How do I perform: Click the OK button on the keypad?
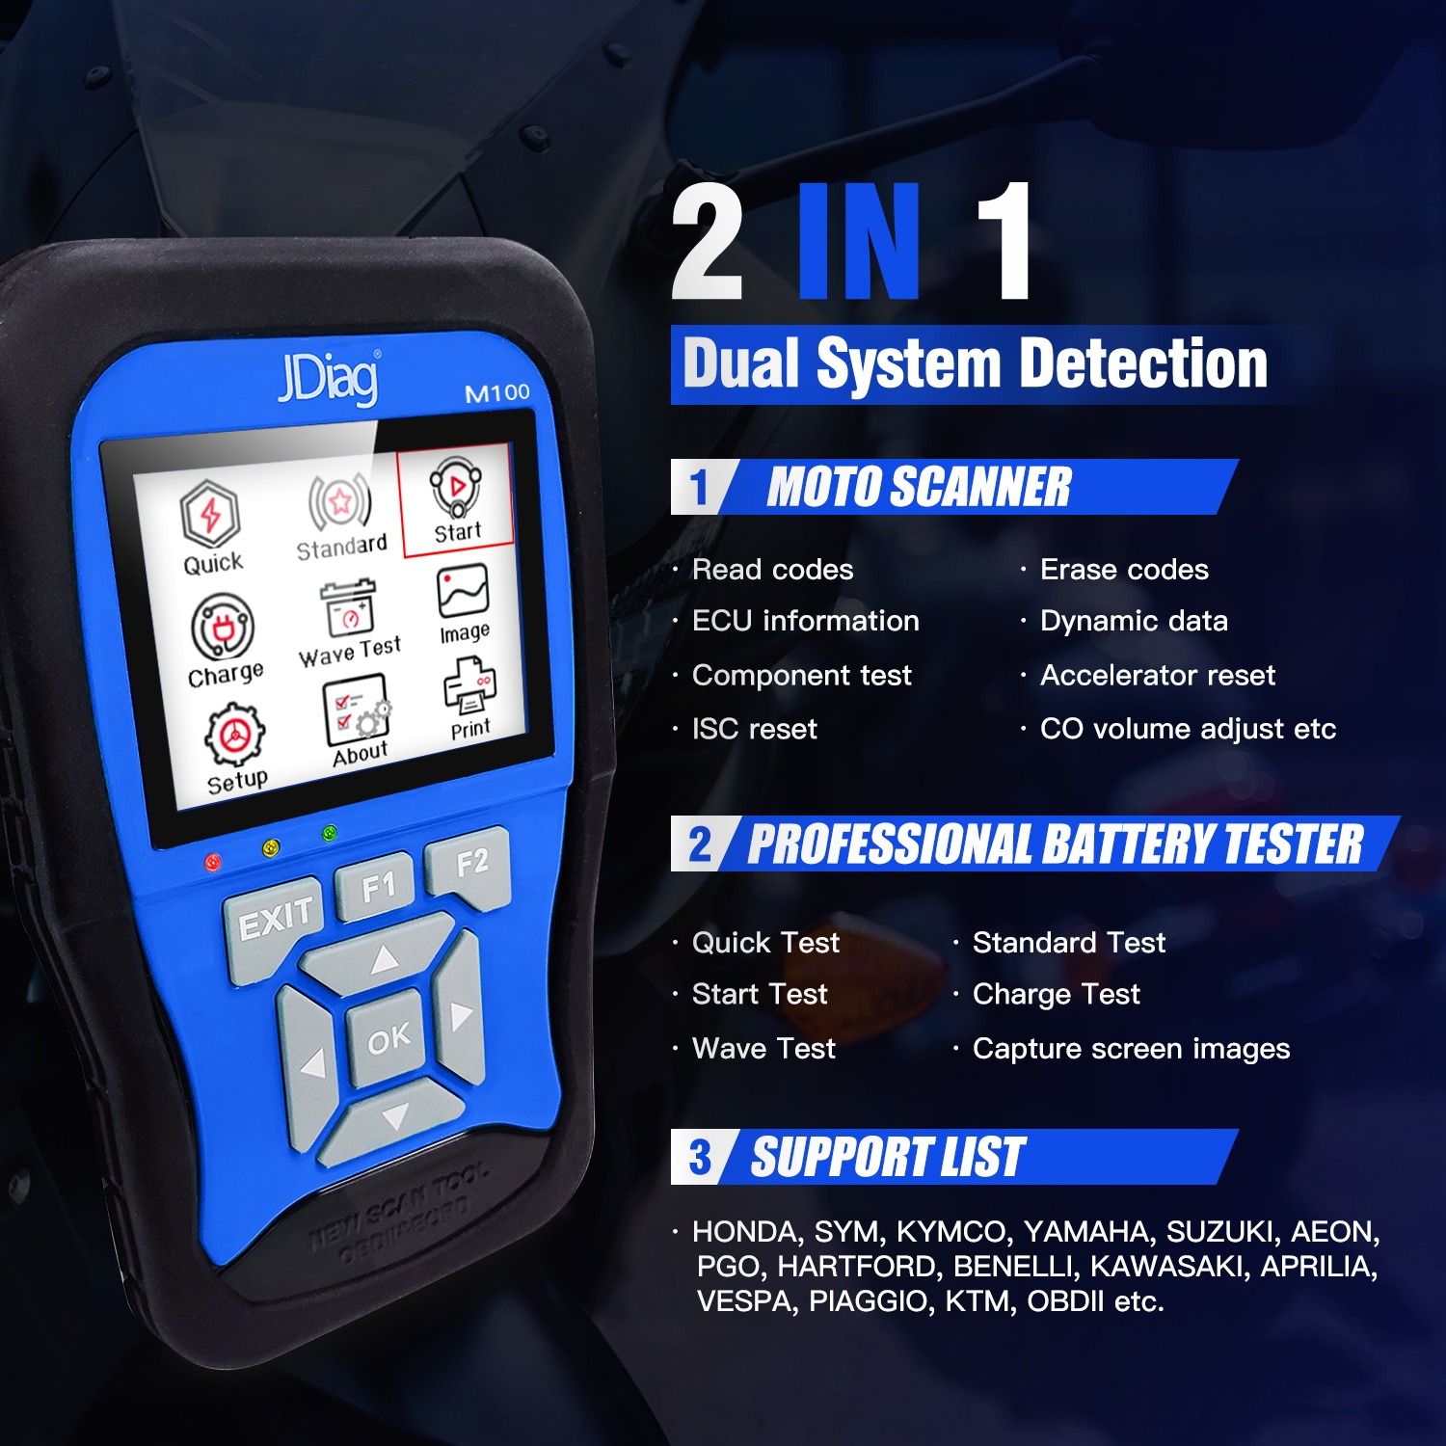(x=388, y=1039)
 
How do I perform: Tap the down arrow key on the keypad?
(x=394, y=1117)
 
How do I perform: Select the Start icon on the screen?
(x=456, y=501)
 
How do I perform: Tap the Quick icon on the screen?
(x=212, y=529)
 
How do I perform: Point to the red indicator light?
(x=213, y=861)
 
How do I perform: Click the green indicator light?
(x=330, y=833)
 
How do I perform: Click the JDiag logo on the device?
(x=328, y=378)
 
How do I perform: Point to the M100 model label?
(x=497, y=392)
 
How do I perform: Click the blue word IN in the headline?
(x=858, y=243)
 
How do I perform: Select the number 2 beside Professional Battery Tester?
(x=700, y=844)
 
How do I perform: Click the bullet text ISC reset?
(x=754, y=729)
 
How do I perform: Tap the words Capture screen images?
(x=1130, y=1048)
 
